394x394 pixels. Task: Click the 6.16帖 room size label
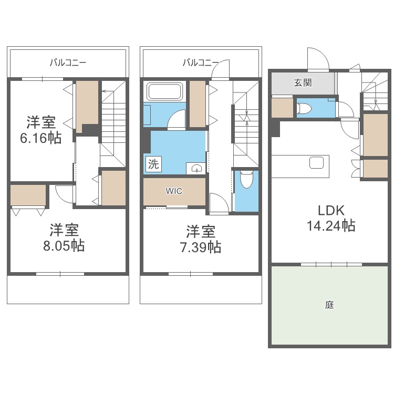[40, 138]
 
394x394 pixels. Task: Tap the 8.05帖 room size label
[64, 245]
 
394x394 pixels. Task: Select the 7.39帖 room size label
[201, 247]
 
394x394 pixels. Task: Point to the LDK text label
[331, 211]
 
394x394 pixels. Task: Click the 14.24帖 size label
[331, 225]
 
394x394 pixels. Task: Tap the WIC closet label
[174, 191]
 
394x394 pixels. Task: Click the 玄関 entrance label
[303, 82]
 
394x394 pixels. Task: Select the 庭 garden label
[329, 305]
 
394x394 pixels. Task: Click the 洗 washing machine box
[153, 164]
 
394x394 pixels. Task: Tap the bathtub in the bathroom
[165, 91]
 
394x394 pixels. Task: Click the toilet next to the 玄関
[304, 109]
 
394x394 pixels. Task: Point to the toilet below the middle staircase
[246, 179]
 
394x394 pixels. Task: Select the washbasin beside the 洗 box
[196, 168]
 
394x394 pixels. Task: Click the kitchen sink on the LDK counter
[316, 162]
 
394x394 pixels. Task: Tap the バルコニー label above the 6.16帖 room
[68, 62]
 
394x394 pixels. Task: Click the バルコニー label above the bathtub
[201, 62]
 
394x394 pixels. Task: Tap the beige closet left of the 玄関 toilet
[282, 108]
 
